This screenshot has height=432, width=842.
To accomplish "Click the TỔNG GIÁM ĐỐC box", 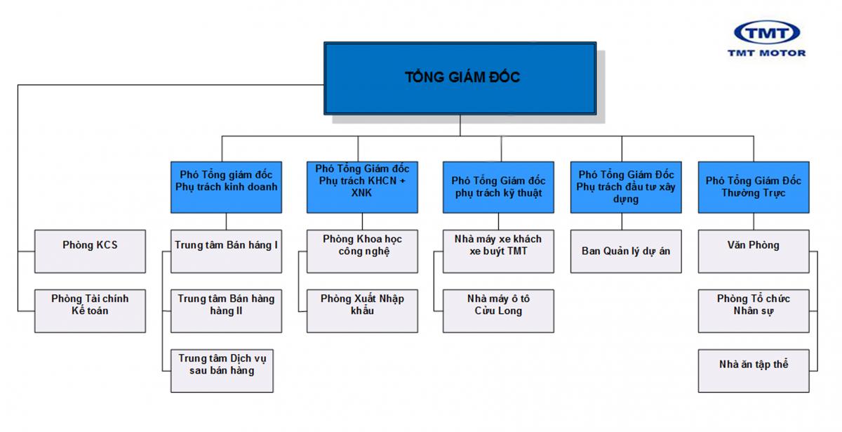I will [460, 78].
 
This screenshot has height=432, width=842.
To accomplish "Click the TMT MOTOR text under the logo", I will [767, 53].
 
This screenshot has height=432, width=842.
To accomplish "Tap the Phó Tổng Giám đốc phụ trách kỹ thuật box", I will [498, 186].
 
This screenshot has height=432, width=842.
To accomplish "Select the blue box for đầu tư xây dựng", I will [625, 186].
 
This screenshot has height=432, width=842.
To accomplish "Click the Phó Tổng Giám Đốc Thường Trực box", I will [754, 186].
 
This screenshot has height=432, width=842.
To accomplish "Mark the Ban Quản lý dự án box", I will [625, 251].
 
